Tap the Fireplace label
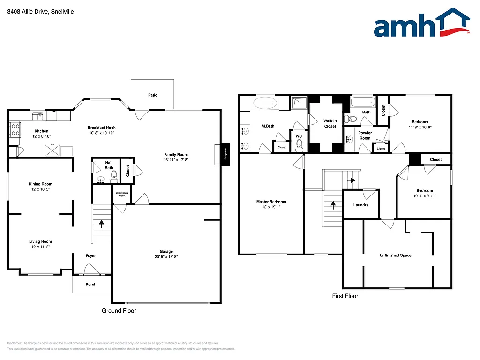(225, 154)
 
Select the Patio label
(152, 95)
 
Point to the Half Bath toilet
(113, 176)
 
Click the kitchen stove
(15, 129)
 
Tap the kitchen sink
(37, 115)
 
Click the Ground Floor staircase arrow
(101, 224)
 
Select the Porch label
(90, 285)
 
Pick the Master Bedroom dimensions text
(271, 208)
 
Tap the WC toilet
(300, 143)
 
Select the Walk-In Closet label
(330, 123)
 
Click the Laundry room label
(360, 205)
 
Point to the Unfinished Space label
(395, 255)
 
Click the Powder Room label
(365, 135)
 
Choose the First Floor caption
(345, 296)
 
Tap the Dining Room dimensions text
(40, 189)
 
